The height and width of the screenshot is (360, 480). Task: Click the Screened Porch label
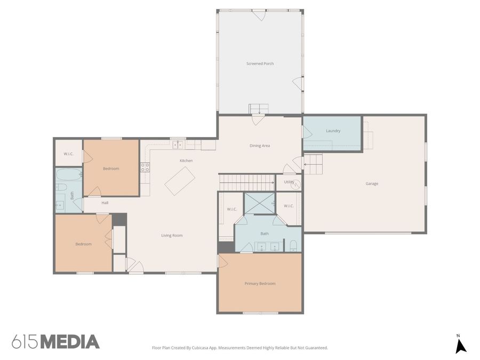(x=260, y=63)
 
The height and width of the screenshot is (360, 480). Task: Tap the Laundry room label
(x=333, y=131)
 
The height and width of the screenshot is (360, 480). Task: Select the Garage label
(x=372, y=183)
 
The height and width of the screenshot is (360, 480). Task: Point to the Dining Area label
(x=260, y=146)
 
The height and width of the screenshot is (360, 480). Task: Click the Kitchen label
(x=186, y=161)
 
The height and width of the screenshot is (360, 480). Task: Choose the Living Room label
(x=172, y=235)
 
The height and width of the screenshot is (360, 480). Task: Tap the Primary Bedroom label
(x=260, y=284)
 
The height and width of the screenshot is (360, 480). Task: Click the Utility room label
(x=289, y=182)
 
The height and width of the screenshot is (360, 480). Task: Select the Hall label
(x=105, y=203)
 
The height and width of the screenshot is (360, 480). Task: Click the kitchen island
(x=179, y=181)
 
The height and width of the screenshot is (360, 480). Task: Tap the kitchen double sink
(x=178, y=144)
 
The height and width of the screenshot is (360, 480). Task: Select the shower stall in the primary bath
(x=259, y=203)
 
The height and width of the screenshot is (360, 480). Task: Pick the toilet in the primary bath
(x=293, y=246)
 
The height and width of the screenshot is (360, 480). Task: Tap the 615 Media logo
(x=55, y=341)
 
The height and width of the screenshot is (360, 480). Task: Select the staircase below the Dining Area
(x=246, y=182)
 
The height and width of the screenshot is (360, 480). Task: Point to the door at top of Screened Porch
(x=259, y=14)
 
